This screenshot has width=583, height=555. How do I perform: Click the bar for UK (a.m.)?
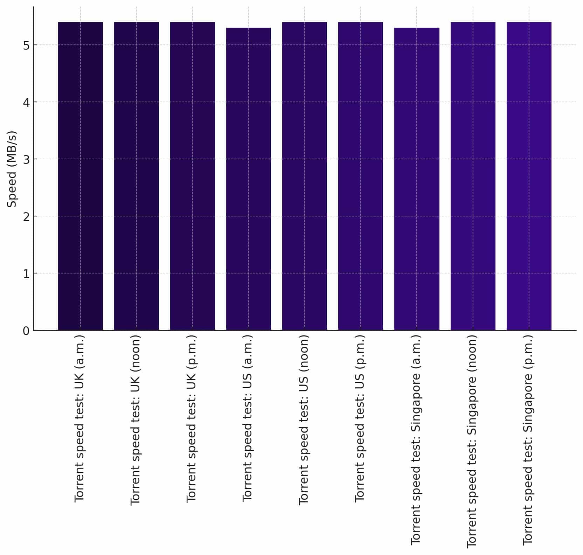(x=81, y=176)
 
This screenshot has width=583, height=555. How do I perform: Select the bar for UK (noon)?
(x=137, y=176)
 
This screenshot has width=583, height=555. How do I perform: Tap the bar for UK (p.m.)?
(x=193, y=176)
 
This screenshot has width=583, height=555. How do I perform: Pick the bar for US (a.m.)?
(x=249, y=179)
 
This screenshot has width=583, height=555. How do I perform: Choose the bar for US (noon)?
(x=305, y=176)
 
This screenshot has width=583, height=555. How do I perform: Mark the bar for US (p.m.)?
(x=361, y=176)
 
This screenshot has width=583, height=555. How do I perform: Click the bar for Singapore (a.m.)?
(x=417, y=179)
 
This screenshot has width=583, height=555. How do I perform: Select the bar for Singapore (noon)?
(x=473, y=176)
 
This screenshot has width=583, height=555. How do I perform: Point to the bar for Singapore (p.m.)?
(x=529, y=176)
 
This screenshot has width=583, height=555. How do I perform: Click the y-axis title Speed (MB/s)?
(x=12, y=169)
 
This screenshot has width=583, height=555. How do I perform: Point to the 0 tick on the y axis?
(x=26, y=331)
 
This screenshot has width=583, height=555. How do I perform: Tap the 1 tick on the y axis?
(x=26, y=274)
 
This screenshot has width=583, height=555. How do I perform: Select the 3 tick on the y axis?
(x=26, y=160)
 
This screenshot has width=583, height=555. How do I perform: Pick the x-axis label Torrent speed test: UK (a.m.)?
(x=79, y=418)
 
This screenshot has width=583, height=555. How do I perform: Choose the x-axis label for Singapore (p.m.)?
(x=528, y=440)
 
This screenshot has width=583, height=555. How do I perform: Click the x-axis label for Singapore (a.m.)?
(x=416, y=440)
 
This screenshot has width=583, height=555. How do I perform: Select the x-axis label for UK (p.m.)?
(x=192, y=419)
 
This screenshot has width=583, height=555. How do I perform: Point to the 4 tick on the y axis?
(x=26, y=103)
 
